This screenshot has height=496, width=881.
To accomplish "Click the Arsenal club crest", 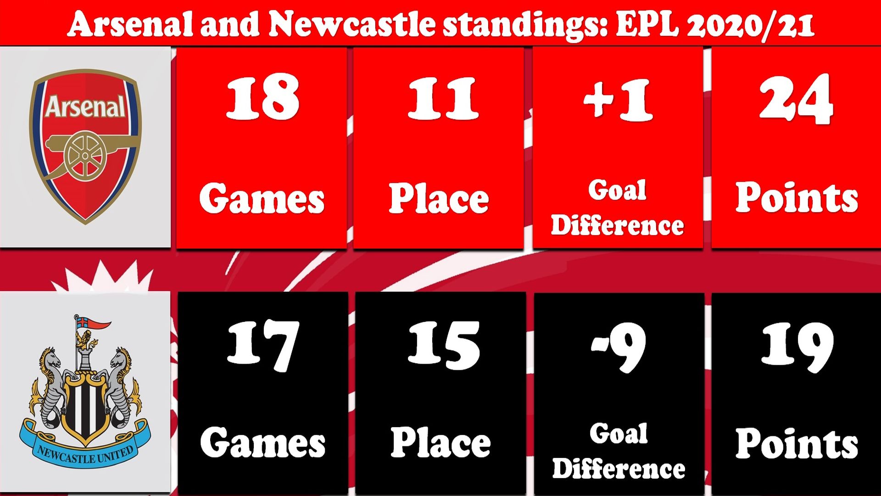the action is click(85, 147).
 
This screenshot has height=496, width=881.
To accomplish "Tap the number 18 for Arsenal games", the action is click(262, 97).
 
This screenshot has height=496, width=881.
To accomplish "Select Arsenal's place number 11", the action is click(443, 98).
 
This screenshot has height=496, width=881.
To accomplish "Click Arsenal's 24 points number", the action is click(796, 99).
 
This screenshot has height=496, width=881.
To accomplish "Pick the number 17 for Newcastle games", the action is click(263, 345).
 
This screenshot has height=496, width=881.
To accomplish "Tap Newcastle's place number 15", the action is click(444, 345).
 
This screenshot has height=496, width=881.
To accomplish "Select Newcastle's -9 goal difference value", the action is click(619, 347).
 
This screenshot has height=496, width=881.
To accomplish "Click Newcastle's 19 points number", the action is click(797, 347).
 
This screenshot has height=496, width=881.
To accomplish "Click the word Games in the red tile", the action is click(262, 198).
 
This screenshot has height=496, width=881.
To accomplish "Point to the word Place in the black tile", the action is click(440, 442).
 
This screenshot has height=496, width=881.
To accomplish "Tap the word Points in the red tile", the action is click(797, 197).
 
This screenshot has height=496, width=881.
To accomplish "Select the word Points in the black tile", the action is click(797, 443).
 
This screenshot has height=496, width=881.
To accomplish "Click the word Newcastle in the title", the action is click(352, 24).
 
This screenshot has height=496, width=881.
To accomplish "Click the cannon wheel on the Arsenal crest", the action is click(85, 156).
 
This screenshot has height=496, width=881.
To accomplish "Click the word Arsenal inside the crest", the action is click(85, 107).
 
